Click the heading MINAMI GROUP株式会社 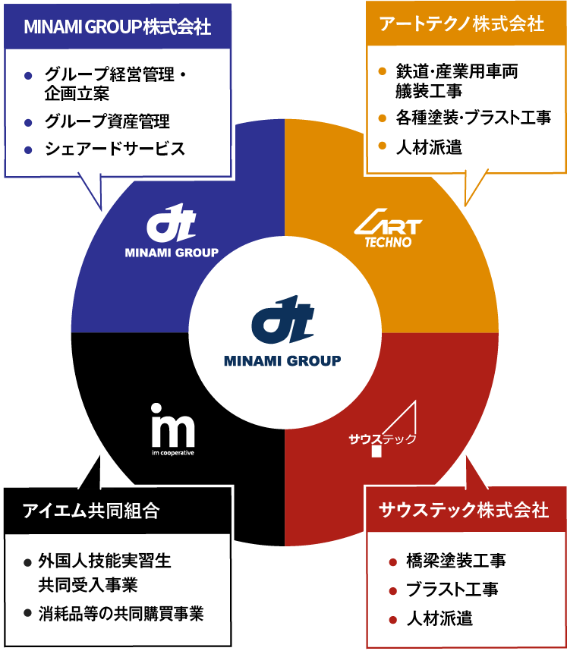(x=118, y=27)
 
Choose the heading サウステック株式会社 (x=463, y=510)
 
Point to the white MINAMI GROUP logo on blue (x=172, y=234)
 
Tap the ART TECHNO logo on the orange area (x=388, y=231)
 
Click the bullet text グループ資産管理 (x=107, y=121)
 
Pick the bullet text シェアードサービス (x=115, y=149)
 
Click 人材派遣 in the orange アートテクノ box (x=429, y=147)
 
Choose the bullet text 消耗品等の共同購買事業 (x=121, y=613)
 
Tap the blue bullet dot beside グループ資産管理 (x=28, y=122)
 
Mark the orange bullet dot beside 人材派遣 (x=383, y=146)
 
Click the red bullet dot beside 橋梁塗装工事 (x=392, y=562)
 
